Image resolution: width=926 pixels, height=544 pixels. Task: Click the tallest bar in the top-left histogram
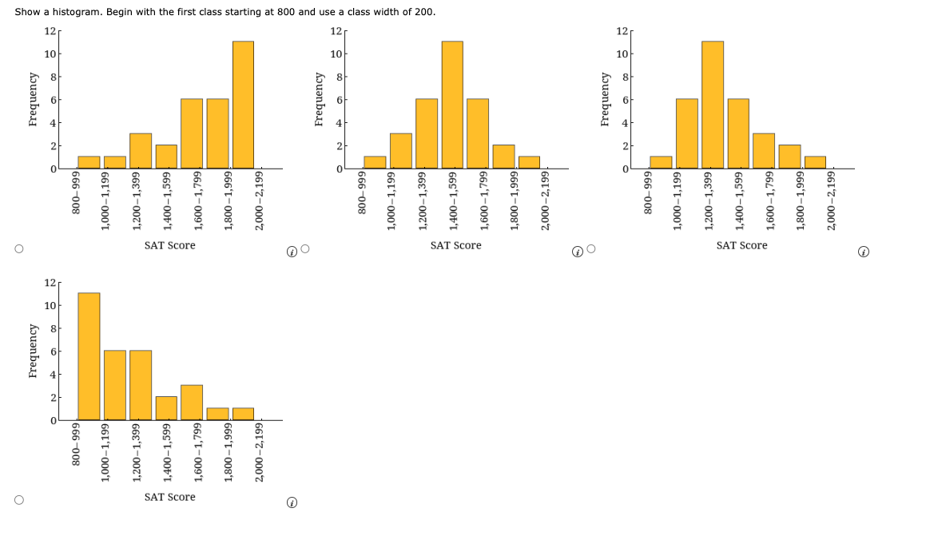[243, 105]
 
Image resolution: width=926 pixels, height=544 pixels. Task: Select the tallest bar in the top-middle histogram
[452, 105]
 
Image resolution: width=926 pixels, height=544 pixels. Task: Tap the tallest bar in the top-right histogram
[713, 105]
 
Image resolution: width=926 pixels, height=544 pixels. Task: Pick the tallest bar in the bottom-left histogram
[89, 356]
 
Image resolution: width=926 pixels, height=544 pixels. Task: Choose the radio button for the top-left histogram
[18, 250]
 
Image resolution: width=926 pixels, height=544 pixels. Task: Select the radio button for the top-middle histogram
[304, 250]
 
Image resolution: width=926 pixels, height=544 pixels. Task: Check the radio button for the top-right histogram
[591, 250]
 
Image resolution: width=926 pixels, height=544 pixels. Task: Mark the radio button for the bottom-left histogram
[18, 501]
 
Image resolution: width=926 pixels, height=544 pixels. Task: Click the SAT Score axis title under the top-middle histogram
[455, 245]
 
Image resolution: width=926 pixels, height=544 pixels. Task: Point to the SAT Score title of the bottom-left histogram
[169, 497]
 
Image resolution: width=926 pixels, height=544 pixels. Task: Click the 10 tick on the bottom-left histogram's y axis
[50, 306]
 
